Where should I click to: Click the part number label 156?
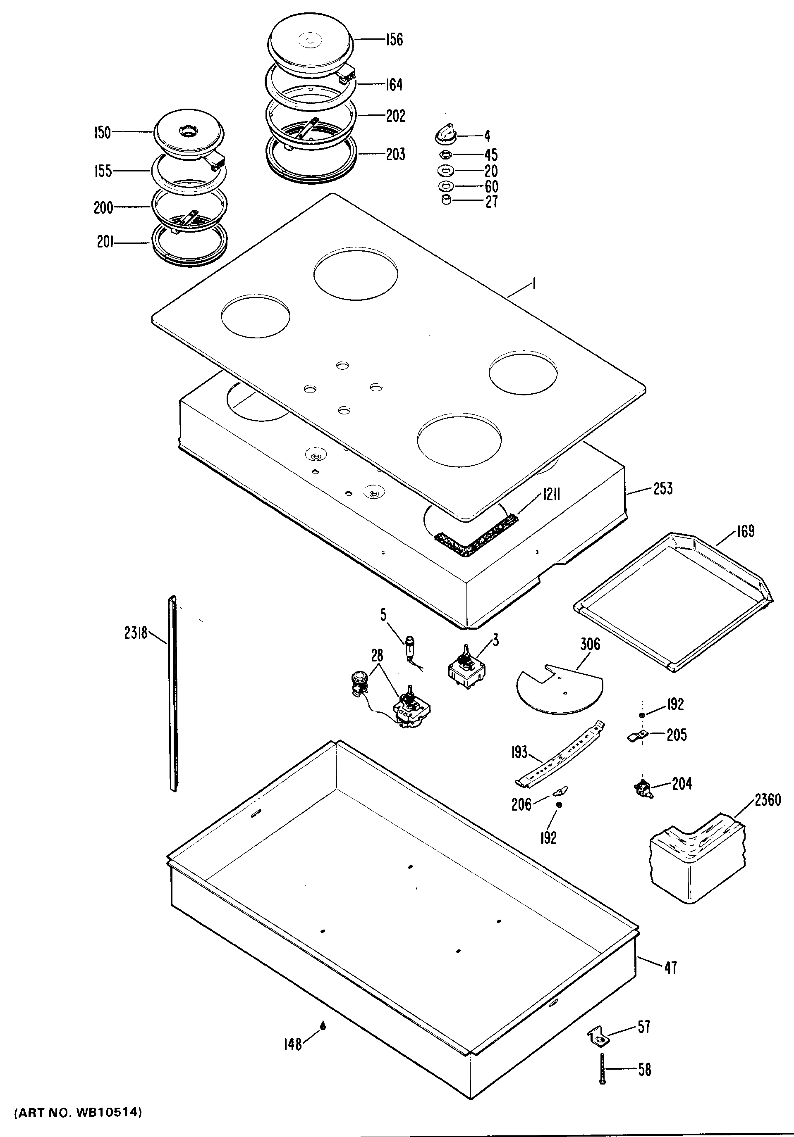click(394, 40)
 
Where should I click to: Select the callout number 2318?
click(136, 633)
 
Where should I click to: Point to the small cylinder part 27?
click(446, 200)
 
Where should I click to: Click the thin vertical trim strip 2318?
click(172, 693)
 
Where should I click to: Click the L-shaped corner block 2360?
click(696, 862)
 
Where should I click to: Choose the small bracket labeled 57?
click(598, 1039)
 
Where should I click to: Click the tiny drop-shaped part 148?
click(323, 1025)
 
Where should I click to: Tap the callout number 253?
click(662, 489)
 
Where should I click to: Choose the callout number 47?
click(670, 967)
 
